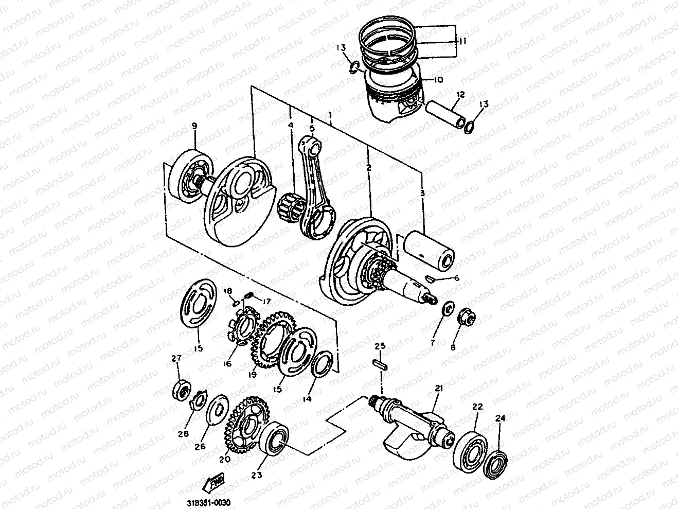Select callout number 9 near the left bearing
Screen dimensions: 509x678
(194, 126)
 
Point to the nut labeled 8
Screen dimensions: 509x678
(467, 315)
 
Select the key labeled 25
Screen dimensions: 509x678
(380, 363)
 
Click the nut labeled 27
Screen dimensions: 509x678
(182, 391)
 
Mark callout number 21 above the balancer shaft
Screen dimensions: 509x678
(438, 389)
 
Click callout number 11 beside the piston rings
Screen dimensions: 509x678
(462, 41)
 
